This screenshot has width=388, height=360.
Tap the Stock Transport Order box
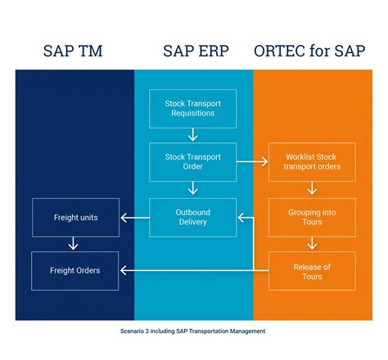(x=193, y=162)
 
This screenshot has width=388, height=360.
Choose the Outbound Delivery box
(x=193, y=217)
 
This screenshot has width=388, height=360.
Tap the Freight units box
(x=75, y=218)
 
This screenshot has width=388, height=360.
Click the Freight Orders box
(x=75, y=271)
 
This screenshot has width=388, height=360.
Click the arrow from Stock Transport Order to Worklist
(x=252, y=162)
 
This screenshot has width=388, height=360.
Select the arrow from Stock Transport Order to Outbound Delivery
(x=193, y=189)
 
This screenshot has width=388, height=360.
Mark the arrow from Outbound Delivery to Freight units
(x=134, y=218)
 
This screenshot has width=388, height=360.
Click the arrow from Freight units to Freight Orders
(x=75, y=244)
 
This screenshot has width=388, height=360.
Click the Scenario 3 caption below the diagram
(x=193, y=331)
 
